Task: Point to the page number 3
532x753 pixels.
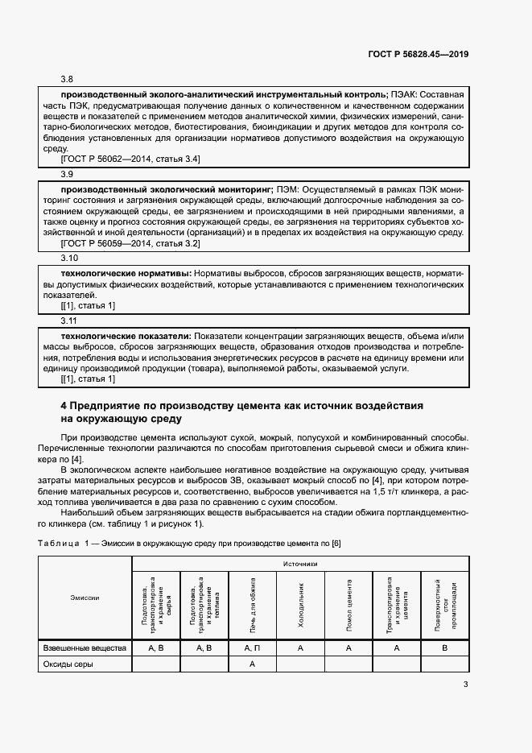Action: (466, 685)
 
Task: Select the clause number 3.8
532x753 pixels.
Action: (67, 80)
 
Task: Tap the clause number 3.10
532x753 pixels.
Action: (69, 258)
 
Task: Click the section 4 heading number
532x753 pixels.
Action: (64, 405)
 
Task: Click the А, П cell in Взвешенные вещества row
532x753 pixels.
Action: (252, 647)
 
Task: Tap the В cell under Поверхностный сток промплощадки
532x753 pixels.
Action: (444, 647)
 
